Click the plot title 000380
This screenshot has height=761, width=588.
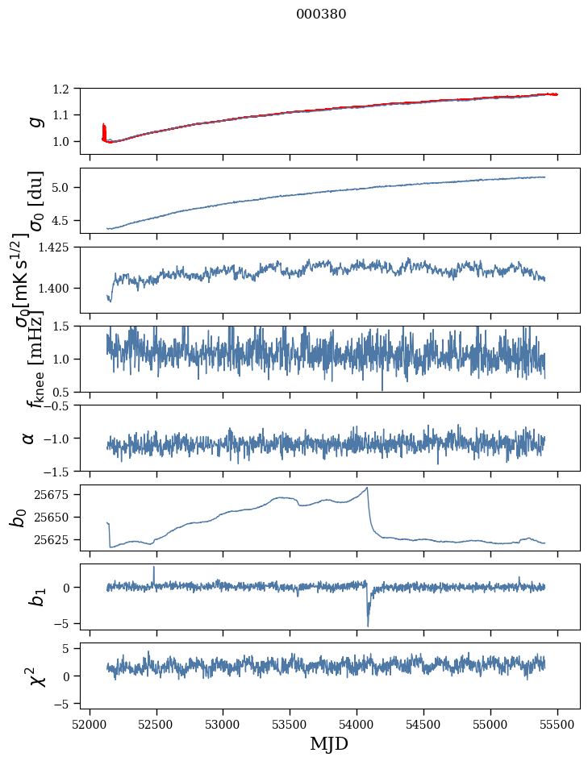coord(321,14)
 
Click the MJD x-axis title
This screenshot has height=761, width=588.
coord(329,743)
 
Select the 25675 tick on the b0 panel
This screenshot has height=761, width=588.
coord(58,493)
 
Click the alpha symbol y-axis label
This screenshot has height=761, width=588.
coord(29,438)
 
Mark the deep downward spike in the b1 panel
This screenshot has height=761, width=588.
coord(368,625)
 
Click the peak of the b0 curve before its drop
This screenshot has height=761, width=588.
coord(367,488)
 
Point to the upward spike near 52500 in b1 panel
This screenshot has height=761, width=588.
coord(154,568)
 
